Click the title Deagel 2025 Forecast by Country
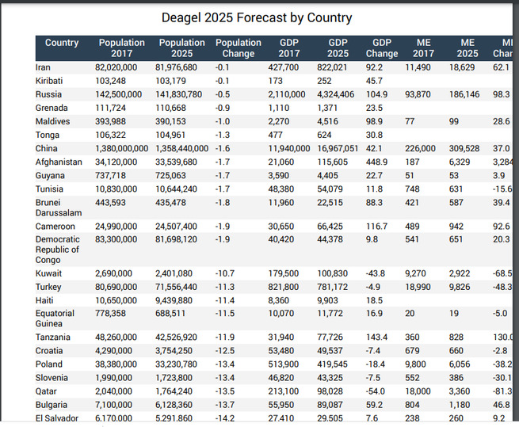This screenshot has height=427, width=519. click(x=257, y=17)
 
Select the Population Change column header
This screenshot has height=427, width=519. click(x=239, y=48)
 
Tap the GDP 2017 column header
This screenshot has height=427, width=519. click(x=289, y=48)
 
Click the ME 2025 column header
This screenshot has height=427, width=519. click(x=467, y=48)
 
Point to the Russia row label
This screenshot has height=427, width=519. click(x=48, y=94)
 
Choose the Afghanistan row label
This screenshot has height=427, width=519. click(x=59, y=162)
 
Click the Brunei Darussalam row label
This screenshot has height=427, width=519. click(x=59, y=208)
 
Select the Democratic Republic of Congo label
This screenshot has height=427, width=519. click(x=58, y=250)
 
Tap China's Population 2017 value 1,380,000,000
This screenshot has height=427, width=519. click(x=122, y=148)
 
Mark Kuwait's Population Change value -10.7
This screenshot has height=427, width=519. click(x=225, y=273)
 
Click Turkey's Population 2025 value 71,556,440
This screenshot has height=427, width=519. click(x=176, y=287)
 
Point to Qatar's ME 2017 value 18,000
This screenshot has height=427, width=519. click(x=418, y=391)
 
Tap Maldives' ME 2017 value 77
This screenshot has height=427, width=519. click(x=410, y=121)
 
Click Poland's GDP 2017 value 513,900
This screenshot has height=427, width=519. click(x=284, y=364)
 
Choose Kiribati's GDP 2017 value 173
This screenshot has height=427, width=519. click(x=276, y=81)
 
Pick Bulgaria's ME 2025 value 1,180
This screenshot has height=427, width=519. click(x=460, y=405)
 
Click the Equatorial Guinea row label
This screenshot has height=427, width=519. click(x=55, y=318)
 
